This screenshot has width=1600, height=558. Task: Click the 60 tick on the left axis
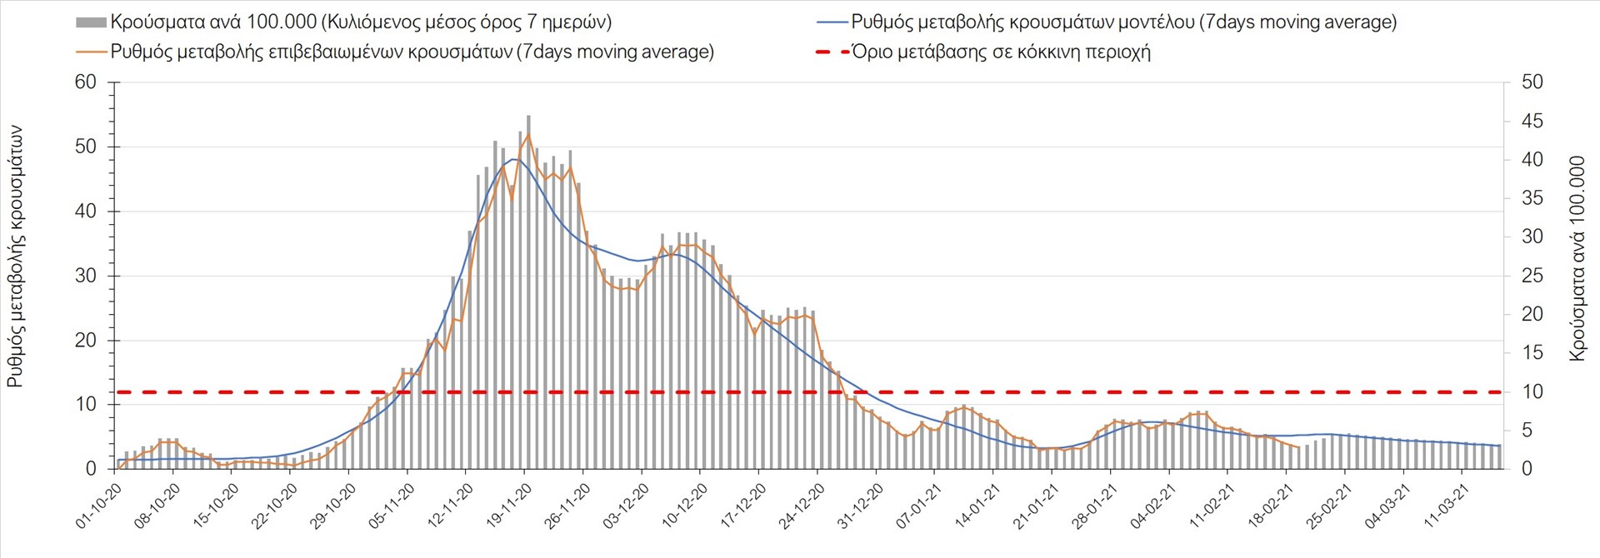coord(86,82)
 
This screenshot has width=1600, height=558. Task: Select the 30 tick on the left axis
coord(86,276)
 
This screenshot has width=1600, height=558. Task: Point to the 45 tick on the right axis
coord(1532,121)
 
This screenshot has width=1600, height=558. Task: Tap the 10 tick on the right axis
coord(1532,391)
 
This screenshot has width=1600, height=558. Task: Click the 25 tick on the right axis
coord(1532,276)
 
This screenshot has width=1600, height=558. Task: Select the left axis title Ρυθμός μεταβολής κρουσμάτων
coord(15,257)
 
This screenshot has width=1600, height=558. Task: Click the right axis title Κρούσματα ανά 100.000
coord(1577,258)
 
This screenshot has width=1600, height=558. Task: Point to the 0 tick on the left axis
coord(91,469)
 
